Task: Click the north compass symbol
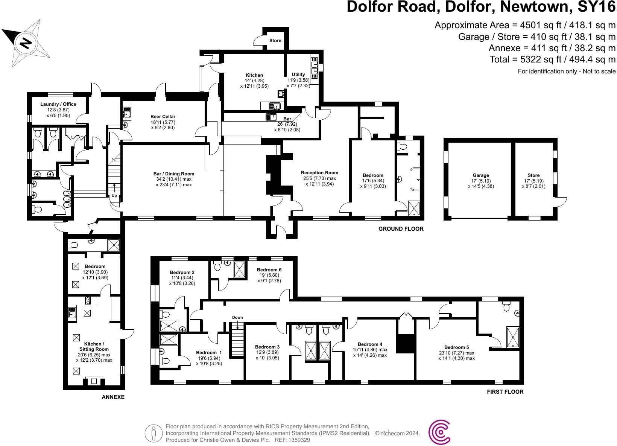[x=26, y=43]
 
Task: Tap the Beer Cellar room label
[x=163, y=117]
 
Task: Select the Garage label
[x=481, y=175]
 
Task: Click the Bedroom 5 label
[x=456, y=347]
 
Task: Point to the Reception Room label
[x=319, y=173]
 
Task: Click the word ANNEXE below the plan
[x=113, y=397]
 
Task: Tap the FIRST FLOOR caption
[x=505, y=392]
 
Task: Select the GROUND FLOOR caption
[x=401, y=228]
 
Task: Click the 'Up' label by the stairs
[x=114, y=196]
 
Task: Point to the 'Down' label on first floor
[x=237, y=317]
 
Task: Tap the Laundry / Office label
[x=58, y=104]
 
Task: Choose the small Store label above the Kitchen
[x=275, y=41]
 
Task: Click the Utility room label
[x=298, y=75]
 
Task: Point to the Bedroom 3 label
[x=267, y=347]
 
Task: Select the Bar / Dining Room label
[x=174, y=174]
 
